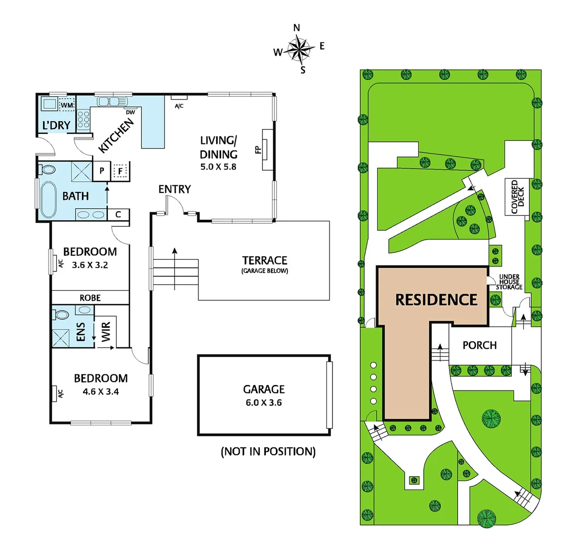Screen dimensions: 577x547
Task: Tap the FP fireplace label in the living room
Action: (257, 150)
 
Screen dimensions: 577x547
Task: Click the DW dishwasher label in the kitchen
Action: (130, 112)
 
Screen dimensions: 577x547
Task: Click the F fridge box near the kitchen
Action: (120, 171)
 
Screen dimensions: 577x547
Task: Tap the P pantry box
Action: (102, 171)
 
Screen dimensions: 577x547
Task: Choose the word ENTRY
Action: (175, 189)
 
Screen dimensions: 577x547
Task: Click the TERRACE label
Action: (265, 260)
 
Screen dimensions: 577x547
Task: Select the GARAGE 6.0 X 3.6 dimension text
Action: (264, 403)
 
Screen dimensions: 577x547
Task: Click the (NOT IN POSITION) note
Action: (268, 451)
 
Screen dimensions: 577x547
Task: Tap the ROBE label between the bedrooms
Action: (90, 298)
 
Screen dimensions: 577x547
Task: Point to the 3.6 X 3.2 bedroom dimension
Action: (90, 264)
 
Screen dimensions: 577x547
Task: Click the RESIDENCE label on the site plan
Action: (436, 299)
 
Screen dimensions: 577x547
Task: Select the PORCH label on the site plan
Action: (479, 345)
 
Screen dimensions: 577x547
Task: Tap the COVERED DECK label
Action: (518, 197)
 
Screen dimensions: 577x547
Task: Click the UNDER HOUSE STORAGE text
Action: (509, 282)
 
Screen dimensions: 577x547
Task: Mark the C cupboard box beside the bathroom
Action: (118, 215)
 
